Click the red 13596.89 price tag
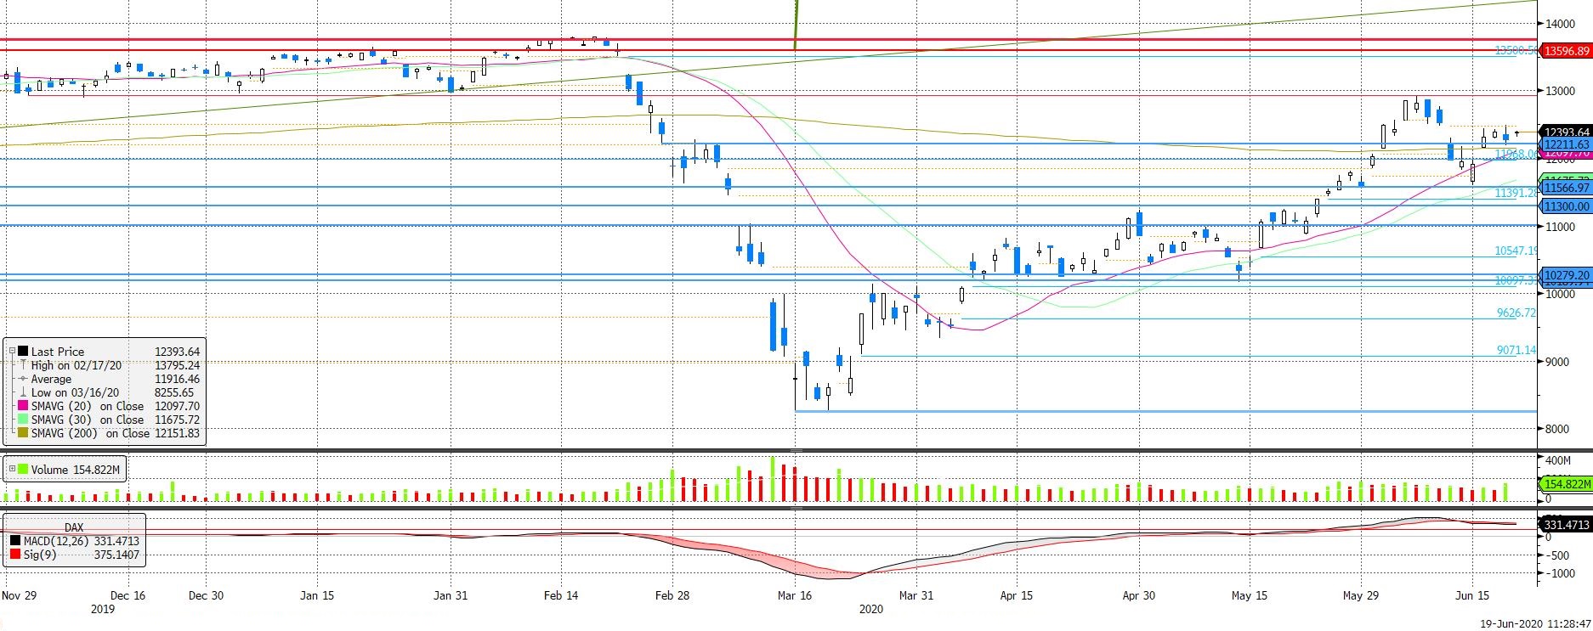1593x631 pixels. click(1567, 51)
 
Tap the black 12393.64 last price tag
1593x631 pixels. click(1567, 132)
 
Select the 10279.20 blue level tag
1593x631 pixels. click(1567, 276)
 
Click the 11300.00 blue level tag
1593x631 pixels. click(1567, 206)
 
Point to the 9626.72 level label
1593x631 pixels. click(1516, 313)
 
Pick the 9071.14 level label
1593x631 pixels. click(1516, 350)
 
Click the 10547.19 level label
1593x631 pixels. click(1516, 251)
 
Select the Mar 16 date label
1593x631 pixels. click(795, 595)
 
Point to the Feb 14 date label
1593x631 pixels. click(561, 595)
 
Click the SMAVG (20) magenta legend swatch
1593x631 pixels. click(23, 406)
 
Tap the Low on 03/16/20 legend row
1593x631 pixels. click(77, 392)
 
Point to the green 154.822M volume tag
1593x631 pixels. click(1567, 484)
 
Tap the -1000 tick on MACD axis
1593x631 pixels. click(1561, 573)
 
